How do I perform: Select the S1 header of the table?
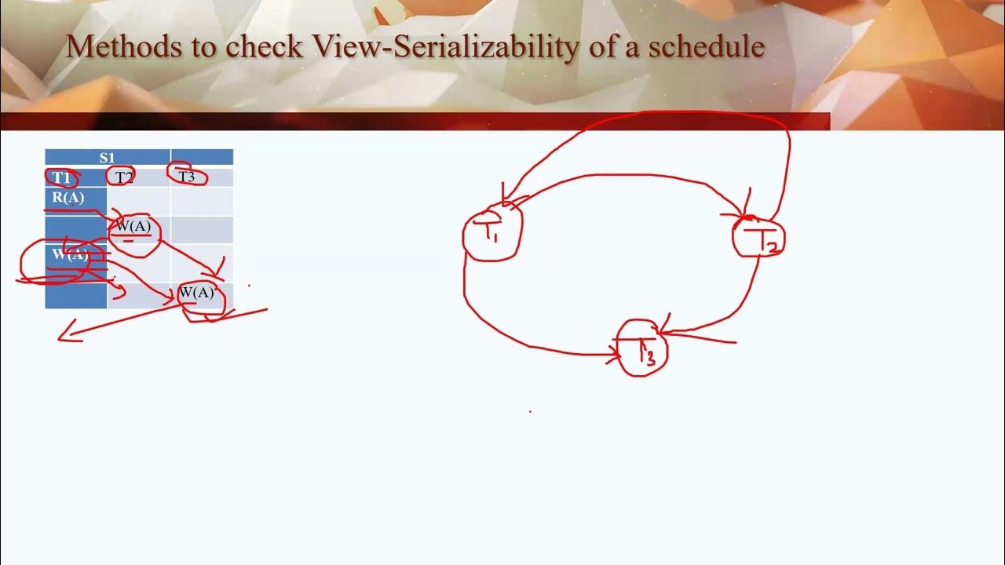(x=108, y=158)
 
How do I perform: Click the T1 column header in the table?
(x=62, y=178)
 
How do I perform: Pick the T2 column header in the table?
(x=124, y=178)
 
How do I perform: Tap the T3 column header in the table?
(x=187, y=177)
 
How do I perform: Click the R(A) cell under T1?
(x=68, y=198)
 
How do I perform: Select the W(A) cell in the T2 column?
(x=133, y=227)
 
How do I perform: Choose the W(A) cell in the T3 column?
(x=196, y=293)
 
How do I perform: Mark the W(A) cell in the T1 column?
(x=70, y=255)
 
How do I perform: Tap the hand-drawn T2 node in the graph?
(x=759, y=239)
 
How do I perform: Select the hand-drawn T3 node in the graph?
(x=644, y=350)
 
